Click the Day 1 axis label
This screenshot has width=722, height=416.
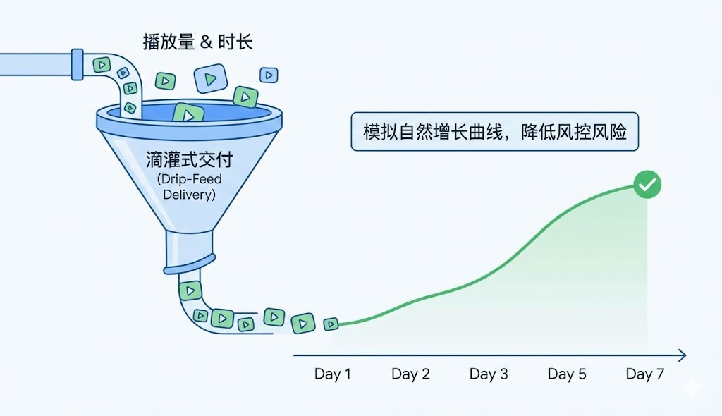point(332,374)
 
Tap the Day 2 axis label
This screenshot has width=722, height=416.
point(410,374)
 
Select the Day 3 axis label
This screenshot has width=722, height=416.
point(489,374)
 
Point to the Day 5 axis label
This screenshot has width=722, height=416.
point(567,374)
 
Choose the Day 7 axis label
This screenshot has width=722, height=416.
point(645,374)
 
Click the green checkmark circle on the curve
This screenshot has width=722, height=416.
point(647,185)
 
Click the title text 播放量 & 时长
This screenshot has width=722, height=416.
point(197,42)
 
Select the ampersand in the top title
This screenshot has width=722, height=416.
point(205,42)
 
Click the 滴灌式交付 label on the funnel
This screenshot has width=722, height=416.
point(189,159)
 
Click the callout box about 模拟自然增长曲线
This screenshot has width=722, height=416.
point(494,132)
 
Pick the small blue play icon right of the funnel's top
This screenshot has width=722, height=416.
point(269,75)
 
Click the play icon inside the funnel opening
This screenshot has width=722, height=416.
point(188,113)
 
